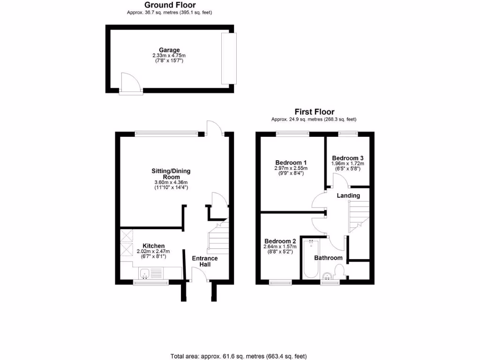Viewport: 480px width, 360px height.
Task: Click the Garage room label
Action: pyautogui.click(x=169, y=50)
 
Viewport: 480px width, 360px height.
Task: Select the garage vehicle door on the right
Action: pyautogui.click(x=229, y=58)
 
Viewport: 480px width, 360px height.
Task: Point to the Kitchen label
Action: pyautogui.click(x=153, y=246)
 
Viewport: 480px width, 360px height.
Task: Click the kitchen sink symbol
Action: pyautogui.click(x=144, y=273)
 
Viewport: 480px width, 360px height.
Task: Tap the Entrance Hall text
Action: pyautogui.click(x=205, y=262)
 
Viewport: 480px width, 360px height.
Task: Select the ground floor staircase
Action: pyautogui.click(x=217, y=238)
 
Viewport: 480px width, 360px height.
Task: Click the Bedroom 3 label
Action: pyautogui.click(x=347, y=158)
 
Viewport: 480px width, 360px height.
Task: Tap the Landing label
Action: pyautogui.click(x=348, y=195)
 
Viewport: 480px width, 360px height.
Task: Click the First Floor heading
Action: pyautogui.click(x=314, y=112)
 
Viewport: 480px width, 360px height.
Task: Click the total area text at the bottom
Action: pyautogui.click(x=240, y=356)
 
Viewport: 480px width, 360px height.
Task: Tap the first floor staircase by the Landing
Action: pyautogui.click(x=359, y=216)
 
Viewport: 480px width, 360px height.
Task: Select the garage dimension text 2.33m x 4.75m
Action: pyautogui.click(x=169, y=55)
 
